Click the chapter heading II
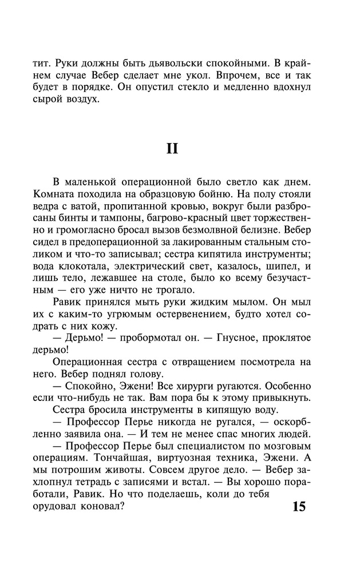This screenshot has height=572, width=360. tap(172, 149)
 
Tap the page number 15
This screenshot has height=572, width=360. tap(299, 506)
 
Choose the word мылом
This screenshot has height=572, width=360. tap(234, 301)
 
